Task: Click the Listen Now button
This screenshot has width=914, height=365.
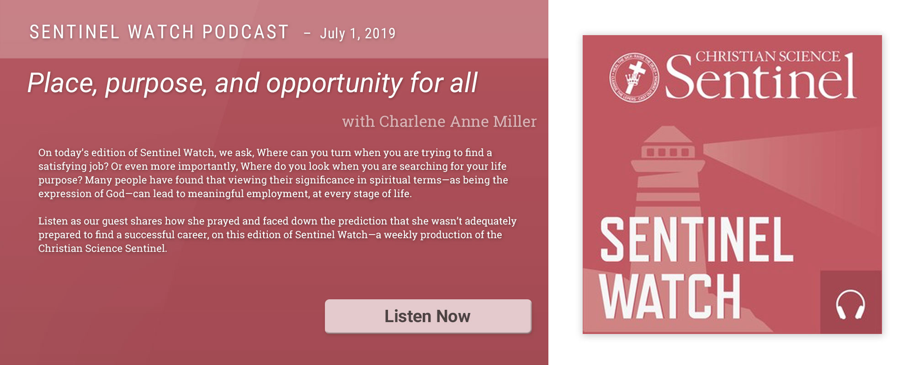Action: click(428, 316)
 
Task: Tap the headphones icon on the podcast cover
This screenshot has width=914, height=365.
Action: click(850, 305)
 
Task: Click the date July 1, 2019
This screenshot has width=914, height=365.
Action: click(358, 33)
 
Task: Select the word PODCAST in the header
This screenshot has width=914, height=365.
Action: click(245, 32)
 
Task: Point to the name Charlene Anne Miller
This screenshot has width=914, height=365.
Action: click(458, 121)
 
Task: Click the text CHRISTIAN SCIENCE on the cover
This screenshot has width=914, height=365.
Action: click(768, 57)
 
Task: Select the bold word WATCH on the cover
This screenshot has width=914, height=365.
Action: click(670, 296)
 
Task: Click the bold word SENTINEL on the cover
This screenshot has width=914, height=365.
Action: click(696, 240)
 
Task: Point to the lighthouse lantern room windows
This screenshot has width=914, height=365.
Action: click(668, 152)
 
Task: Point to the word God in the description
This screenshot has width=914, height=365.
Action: click(115, 194)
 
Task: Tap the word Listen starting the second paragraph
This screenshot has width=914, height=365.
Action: click(53, 221)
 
